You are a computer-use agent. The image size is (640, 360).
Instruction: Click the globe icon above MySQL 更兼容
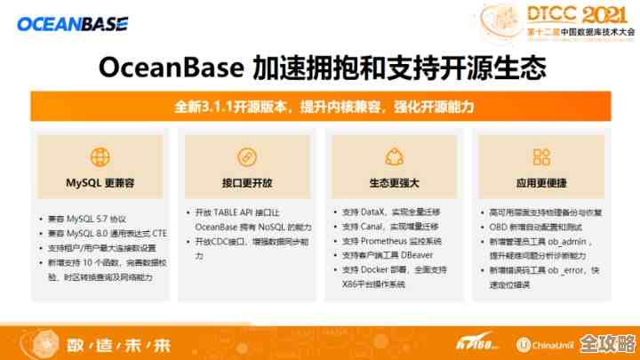[100, 157]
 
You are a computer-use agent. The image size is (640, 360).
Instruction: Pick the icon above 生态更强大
[394, 157]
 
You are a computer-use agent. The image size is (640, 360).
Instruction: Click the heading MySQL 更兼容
[100, 183]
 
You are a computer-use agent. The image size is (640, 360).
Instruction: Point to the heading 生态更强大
[394, 183]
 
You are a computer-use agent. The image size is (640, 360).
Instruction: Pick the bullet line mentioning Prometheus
[392, 241]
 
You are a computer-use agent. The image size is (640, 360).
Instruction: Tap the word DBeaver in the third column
[422, 255]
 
